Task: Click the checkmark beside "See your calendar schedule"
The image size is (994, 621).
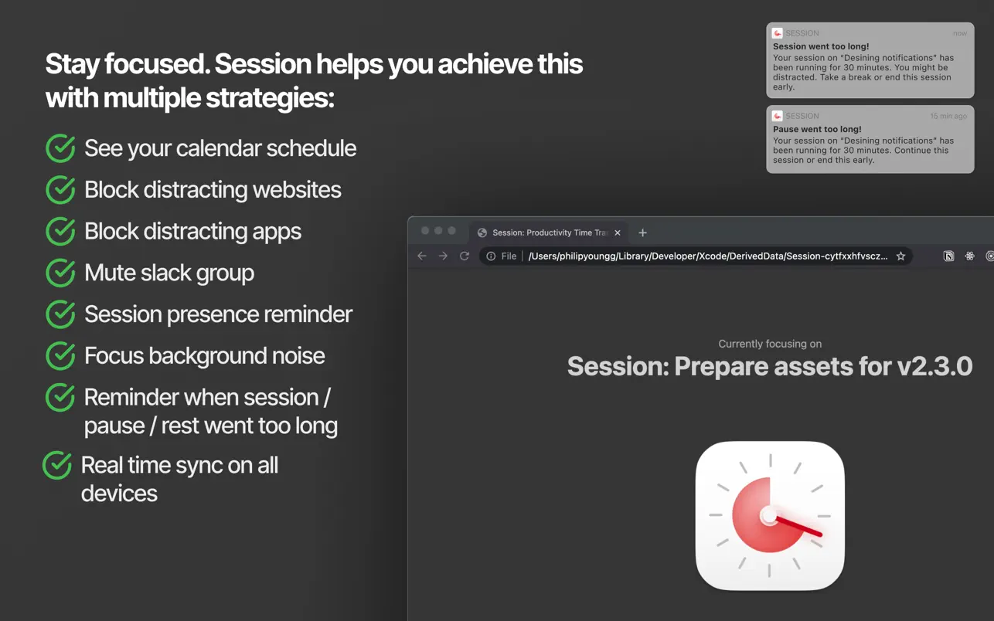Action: click(60, 148)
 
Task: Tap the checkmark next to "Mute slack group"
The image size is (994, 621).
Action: click(60, 273)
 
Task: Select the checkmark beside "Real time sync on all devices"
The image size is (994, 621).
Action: click(57, 465)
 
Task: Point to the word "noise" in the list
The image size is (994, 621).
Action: click(298, 356)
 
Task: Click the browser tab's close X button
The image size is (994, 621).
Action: click(618, 232)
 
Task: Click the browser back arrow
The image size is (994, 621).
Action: click(422, 256)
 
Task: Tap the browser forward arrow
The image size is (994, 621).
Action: click(443, 256)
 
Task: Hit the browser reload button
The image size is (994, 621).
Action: click(465, 256)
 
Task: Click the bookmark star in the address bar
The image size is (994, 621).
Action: click(900, 256)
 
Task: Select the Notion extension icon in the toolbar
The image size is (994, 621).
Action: click(948, 256)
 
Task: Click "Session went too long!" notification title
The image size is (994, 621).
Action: click(821, 46)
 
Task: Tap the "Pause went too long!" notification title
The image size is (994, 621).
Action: click(817, 129)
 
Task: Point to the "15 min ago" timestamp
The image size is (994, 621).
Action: click(948, 116)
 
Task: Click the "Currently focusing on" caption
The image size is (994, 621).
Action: click(770, 344)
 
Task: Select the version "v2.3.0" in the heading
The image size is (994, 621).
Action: click(934, 366)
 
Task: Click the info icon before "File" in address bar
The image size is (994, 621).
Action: click(491, 256)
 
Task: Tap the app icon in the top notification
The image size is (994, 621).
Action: click(778, 33)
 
